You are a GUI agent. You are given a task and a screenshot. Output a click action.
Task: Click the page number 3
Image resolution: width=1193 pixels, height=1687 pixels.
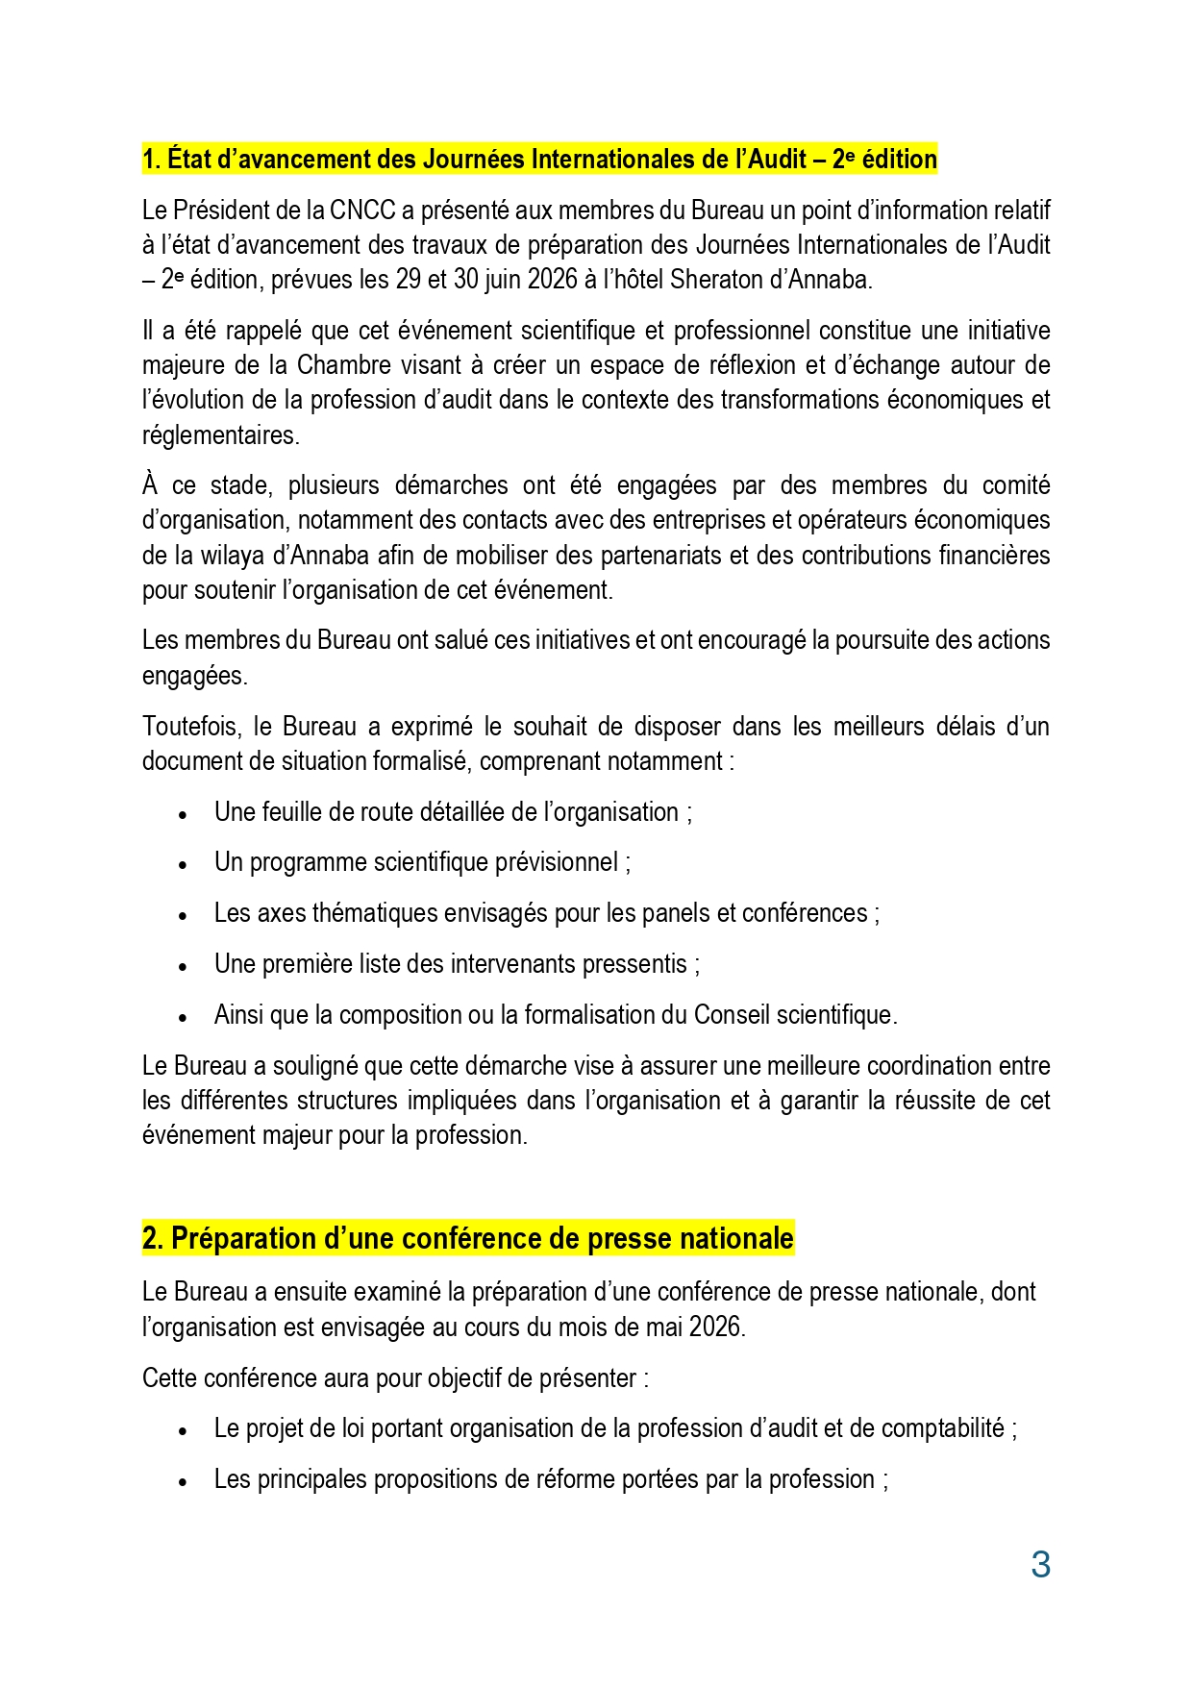click(x=1040, y=1565)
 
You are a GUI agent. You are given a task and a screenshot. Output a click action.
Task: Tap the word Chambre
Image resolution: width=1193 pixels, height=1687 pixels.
click(x=344, y=365)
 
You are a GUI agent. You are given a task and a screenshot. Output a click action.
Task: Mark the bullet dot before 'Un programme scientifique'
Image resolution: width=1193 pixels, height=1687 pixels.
click(x=183, y=864)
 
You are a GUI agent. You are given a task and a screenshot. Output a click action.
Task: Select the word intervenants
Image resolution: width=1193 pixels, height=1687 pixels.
click(x=511, y=964)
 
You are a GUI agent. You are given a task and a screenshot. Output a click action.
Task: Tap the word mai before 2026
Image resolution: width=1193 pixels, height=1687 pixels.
click(x=663, y=1327)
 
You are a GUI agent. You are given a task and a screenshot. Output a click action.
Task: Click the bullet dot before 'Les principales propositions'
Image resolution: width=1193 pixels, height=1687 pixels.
click(x=183, y=1481)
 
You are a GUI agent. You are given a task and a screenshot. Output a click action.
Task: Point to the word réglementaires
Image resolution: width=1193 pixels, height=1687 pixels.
click(x=220, y=435)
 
